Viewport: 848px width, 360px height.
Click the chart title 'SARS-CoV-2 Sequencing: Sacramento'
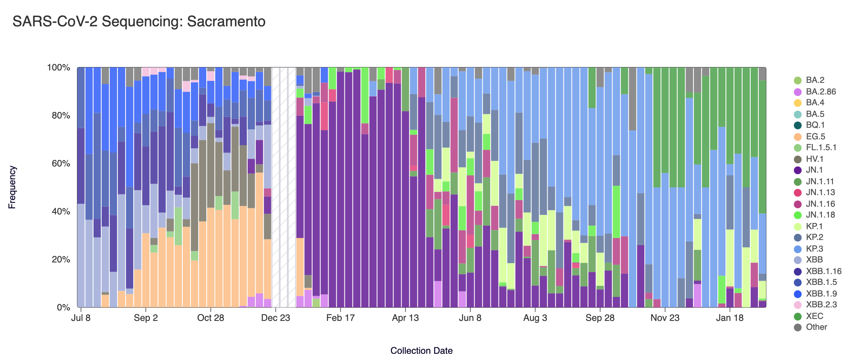(139, 22)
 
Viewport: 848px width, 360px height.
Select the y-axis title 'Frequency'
(12, 187)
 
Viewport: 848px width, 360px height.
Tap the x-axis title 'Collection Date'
(421, 351)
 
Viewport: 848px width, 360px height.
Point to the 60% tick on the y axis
(61, 163)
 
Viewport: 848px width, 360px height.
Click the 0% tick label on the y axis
(63, 308)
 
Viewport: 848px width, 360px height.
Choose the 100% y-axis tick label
(59, 68)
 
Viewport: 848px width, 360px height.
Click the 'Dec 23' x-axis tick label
(275, 318)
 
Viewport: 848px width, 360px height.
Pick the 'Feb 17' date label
(340, 318)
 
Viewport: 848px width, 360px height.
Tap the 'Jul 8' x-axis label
(81, 318)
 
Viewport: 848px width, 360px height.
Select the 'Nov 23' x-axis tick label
(665, 318)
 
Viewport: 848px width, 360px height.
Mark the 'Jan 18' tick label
(730, 318)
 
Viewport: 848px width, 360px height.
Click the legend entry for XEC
(814, 316)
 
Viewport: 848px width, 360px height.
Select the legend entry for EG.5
(815, 137)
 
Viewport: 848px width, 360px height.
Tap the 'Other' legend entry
(816, 327)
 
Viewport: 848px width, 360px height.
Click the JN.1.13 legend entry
(820, 192)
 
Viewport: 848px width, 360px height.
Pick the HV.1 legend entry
(814, 159)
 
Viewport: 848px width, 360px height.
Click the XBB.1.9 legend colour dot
(797, 294)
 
